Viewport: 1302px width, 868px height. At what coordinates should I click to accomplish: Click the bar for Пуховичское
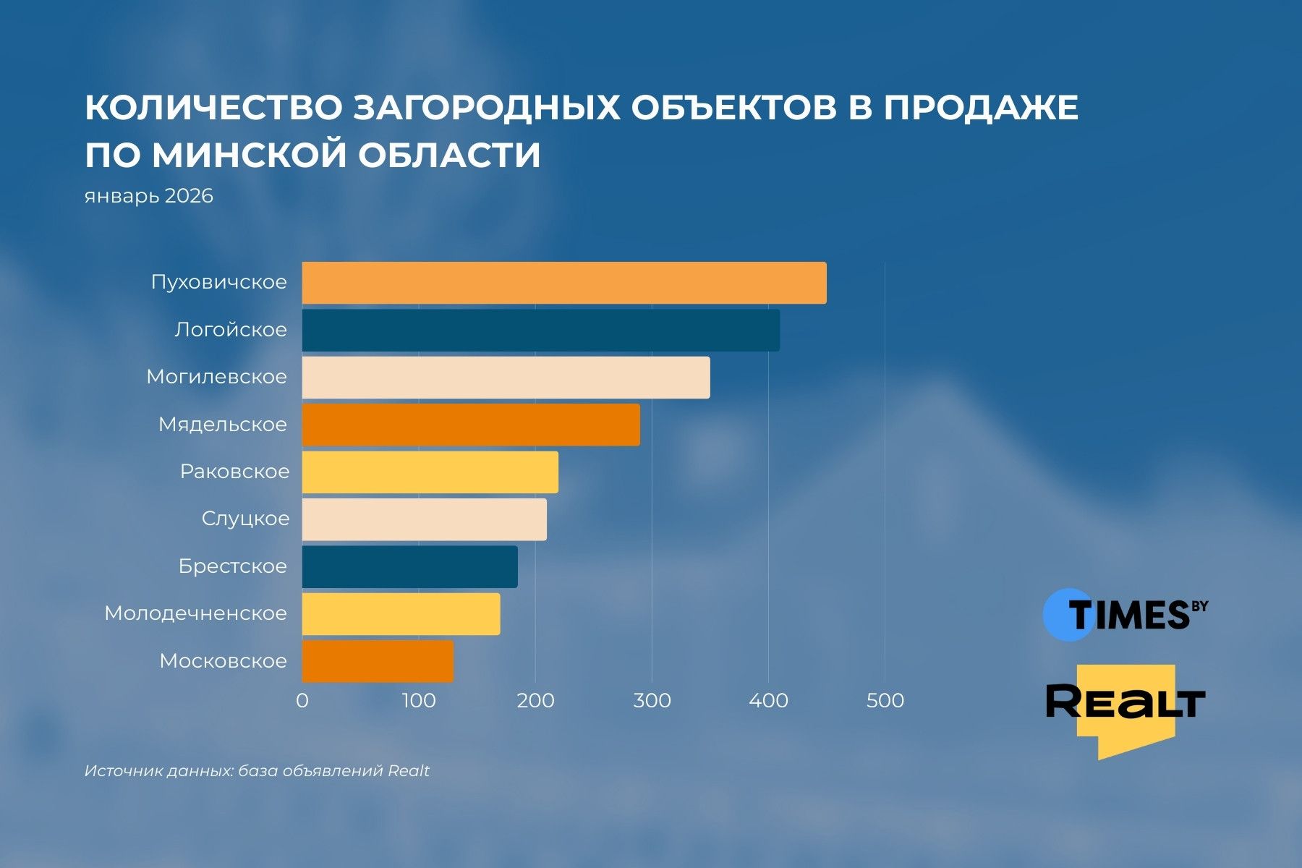pyautogui.click(x=564, y=283)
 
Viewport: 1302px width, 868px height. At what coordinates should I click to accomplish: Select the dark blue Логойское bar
pyautogui.click(x=541, y=331)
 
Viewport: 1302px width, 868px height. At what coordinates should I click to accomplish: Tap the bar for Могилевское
pyautogui.click(x=506, y=378)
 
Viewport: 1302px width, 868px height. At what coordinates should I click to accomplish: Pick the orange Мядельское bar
pyautogui.click(x=471, y=425)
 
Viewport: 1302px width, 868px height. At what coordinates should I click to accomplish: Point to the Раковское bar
pyautogui.click(x=430, y=472)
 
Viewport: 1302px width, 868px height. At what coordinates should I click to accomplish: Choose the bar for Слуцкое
pyautogui.click(x=424, y=519)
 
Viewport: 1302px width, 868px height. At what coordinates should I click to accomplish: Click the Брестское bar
pyautogui.click(x=409, y=566)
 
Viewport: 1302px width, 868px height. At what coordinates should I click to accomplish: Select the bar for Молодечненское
pyautogui.click(x=401, y=614)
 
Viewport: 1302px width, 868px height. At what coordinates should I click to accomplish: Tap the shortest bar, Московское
pyautogui.click(x=378, y=661)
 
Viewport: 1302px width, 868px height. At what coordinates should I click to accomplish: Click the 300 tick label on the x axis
pyautogui.click(x=652, y=700)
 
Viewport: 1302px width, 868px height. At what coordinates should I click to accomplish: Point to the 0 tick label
pyautogui.click(x=302, y=700)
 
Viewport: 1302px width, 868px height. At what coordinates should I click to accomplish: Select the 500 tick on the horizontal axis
pyautogui.click(x=885, y=700)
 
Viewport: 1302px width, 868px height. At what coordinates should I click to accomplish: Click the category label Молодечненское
pyautogui.click(x=196, y=613)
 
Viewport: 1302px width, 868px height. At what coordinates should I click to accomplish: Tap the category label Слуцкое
pyautogui.click(x=245, y=519)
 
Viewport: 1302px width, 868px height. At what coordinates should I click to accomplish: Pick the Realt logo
pyautogui.click(x=1126, y=705)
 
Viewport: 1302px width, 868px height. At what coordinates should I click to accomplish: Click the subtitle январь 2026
pyautogui.click(x=149, y=196)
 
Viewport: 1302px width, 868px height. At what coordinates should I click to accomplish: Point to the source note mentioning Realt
pyautogui.click(x=257, y=771)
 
